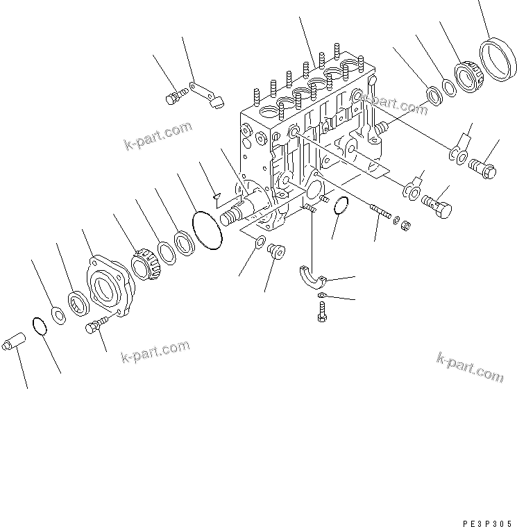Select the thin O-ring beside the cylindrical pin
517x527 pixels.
(x=40, y=326)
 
